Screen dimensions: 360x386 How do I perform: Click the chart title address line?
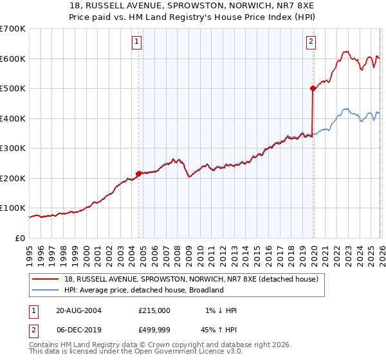click(193, 6)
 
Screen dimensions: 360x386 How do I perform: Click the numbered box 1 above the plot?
click(138, 42)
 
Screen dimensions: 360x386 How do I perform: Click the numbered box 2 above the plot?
click(311, 42)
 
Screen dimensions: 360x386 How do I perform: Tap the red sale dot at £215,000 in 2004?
click(138, 174)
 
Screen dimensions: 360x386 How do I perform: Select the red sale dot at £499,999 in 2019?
click(313, 89)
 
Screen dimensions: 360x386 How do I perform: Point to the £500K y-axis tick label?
click(13, 89)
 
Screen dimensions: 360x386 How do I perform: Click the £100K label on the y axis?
click(13, 208)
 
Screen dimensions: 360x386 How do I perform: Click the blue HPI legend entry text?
click(143, 290)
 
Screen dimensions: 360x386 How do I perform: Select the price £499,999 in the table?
click(154, 330)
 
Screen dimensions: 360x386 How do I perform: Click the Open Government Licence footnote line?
click(136, 352)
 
